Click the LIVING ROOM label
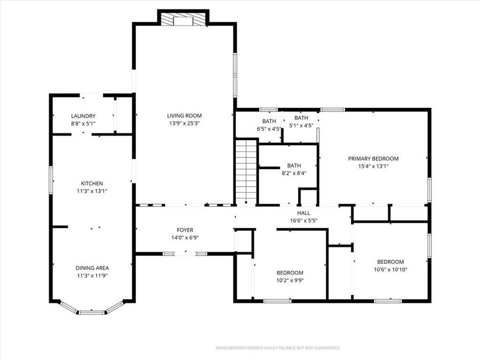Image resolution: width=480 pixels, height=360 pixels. (184, 116)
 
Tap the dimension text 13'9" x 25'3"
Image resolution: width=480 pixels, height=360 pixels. (184, 123)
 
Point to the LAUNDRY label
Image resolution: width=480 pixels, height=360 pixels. (83, 116)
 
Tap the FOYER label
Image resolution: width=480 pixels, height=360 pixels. (185, 230)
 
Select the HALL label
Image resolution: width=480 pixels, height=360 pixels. (303, 213)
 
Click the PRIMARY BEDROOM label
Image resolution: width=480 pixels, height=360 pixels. (373, 158)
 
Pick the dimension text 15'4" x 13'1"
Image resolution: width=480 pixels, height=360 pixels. (373, 166)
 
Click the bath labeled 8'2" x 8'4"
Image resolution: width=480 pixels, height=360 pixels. (294, 169)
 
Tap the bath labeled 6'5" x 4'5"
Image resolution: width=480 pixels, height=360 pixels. (269, 125)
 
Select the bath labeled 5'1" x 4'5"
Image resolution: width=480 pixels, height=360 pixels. (301, 122)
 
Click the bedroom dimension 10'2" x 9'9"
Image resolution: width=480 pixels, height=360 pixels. (290, 280)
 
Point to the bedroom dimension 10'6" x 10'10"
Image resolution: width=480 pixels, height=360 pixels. (390, 269)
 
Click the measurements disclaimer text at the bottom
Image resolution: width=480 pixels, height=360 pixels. (277, 348)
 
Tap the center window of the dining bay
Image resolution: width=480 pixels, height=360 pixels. (92, 310)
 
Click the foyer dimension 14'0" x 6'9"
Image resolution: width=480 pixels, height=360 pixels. (185, 238)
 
